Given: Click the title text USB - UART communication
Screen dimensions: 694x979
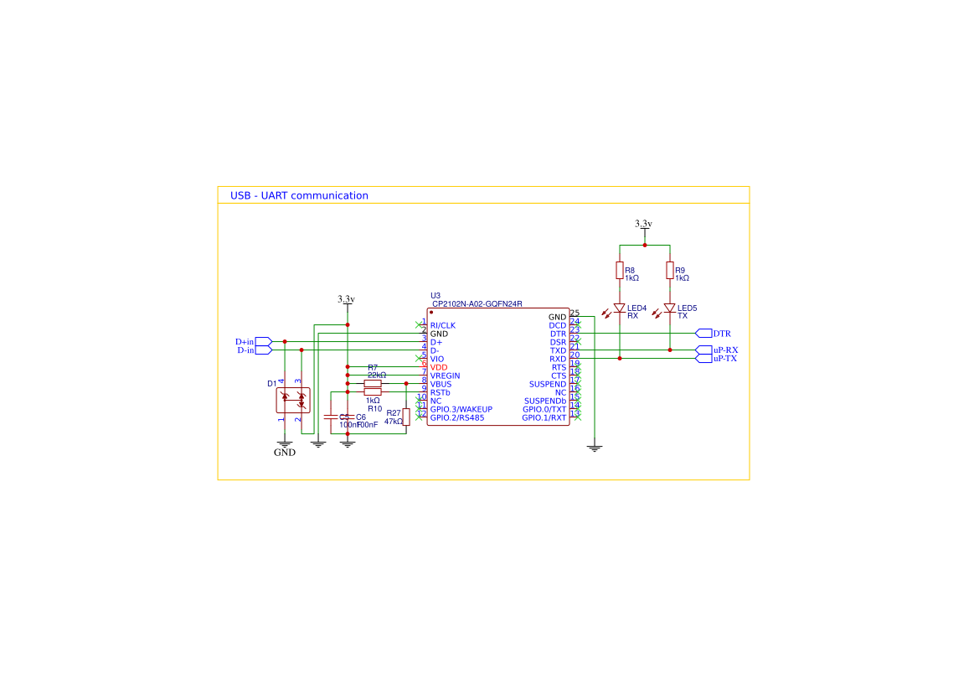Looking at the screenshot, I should [299, 195].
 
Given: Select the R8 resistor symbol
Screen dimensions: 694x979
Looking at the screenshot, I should [620, 270].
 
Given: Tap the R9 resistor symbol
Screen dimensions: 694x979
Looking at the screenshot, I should [670, 270].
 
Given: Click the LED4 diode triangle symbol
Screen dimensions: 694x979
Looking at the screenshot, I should [620, 308].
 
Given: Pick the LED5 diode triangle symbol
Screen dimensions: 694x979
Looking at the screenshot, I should [670, 308].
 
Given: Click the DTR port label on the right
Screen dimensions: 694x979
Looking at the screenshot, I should [721, 334].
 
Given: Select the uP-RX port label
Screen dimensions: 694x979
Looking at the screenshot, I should [725, 350].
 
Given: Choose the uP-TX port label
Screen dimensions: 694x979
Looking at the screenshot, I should [725, 359].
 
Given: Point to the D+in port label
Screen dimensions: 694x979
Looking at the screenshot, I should [245, 342].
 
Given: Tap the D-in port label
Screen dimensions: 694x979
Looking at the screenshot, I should [245, 350].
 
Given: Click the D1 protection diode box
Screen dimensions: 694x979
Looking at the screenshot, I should [293, 400].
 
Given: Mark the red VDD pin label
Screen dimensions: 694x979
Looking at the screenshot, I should [439, 367].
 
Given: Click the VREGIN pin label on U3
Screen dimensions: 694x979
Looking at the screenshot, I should [445, 375].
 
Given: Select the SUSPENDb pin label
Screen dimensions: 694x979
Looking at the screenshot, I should [545, 401].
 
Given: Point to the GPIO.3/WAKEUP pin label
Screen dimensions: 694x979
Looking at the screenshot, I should [461, 409].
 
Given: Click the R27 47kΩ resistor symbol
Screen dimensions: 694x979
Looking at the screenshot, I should [406, 417].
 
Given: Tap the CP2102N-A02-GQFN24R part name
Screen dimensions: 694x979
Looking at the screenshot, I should [477, 303].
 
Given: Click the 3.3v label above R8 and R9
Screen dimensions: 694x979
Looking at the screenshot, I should [643, 224].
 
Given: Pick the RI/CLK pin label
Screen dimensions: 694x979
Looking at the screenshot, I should [443, 325].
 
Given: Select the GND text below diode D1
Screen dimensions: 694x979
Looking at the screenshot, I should [285, 453].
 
